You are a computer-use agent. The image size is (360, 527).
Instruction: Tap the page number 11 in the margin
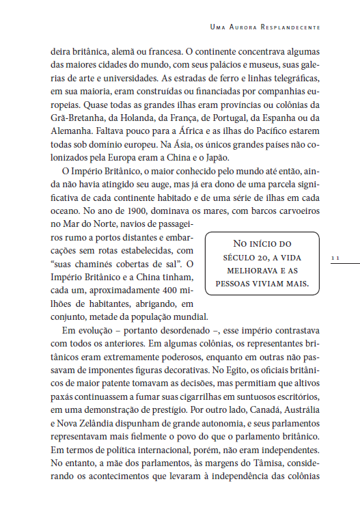(x=335, y=258)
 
